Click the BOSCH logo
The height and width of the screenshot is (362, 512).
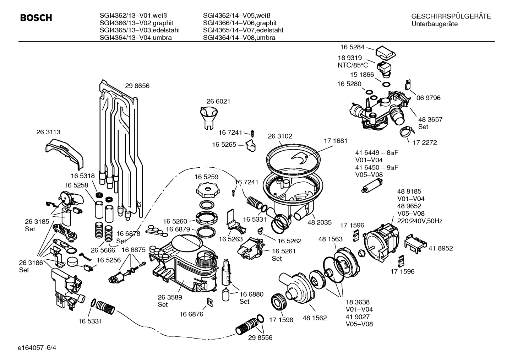coord(36,18)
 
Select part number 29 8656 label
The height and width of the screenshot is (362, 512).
coord(137,86)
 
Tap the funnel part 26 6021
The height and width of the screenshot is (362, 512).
coord(209,118)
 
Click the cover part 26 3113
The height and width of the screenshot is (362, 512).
coord(64,152)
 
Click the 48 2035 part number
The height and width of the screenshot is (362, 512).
coord(319,222)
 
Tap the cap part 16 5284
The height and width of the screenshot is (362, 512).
coord(385,52)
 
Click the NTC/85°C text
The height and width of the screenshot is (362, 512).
coord(353,65)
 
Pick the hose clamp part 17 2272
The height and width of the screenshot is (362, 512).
coord(404,134)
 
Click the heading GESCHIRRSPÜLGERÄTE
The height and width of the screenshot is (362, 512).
coord(451,16)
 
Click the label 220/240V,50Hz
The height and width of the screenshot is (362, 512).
coord(420,221)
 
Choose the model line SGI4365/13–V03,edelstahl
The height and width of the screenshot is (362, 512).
coord(139,30)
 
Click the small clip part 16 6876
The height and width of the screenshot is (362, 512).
coord(209,302)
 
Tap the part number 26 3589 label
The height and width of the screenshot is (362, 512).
coord(170,297)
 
